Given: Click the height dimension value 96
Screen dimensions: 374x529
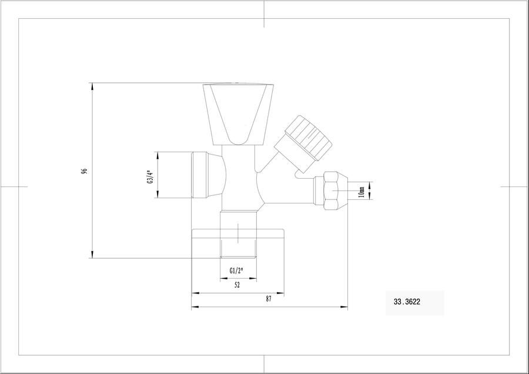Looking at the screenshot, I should pos(85,171).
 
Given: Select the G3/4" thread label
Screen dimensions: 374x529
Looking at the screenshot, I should pos(149,175).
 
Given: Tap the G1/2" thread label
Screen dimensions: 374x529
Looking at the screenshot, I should pos(237,271).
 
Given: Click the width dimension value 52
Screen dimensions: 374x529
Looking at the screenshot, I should pos(237,285).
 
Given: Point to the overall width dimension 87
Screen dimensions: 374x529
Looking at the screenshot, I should pos(269,299).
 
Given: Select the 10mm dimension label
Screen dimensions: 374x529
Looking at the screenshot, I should pos(361,191).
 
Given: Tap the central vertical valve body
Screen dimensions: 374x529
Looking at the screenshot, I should pos(237,176).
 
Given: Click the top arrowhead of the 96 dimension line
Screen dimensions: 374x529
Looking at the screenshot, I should pos(92,86).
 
